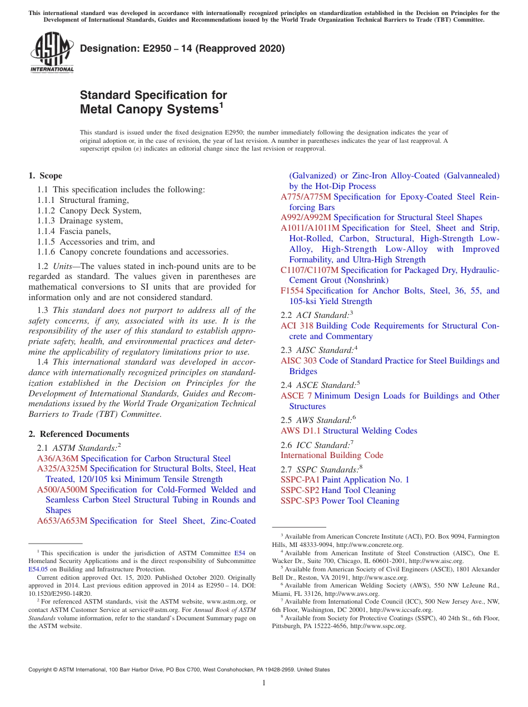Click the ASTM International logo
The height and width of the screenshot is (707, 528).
pyautogui.click(x=52, y=53)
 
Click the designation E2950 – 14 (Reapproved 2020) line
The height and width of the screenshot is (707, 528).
pyautogui.click(x=182, y=48)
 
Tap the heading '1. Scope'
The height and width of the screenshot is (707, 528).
pyautogui.click(x=46, y=176)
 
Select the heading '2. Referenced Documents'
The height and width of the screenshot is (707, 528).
pyautogui.click(x=79, y=434)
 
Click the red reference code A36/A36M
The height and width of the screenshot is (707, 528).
pyautogui.click(x=58, y=459)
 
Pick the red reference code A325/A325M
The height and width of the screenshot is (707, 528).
pyautogui.click(x=62, y=469)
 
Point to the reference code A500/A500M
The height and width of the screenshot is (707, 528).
pyautogui.click(x=62, y=490)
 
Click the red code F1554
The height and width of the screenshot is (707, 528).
pyautogui.click(x=292, y=291)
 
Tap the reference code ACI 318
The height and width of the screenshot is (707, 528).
pyautogui.click(x=297, y=326)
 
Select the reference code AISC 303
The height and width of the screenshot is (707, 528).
pyautogui.click(x=299, y=361)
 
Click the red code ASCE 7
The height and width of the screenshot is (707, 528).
pyautogui.click(x=296, y=396)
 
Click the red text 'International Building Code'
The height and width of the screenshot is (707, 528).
pyautogui.click(x=332, y=455)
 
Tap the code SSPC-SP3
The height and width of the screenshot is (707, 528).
pyautogui.click(x=300, y=501)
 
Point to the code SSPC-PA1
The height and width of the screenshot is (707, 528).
pyautogui.click(x=300, y=480)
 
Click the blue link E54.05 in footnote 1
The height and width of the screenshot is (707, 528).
pyautogui.click(x=38, y=569)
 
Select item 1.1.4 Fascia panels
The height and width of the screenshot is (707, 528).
pyautogui.click(x=74, y=231)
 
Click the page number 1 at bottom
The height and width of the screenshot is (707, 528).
pyautogui.click(x=264, y=683)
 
